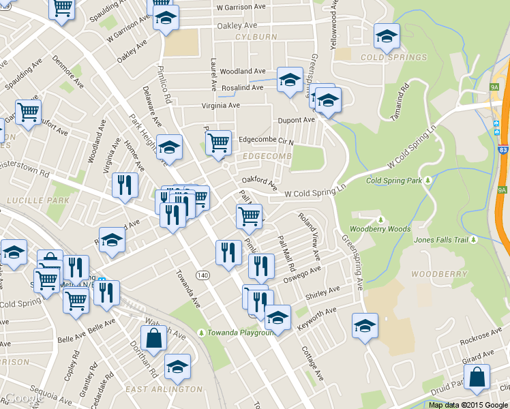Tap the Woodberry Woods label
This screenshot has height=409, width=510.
380,229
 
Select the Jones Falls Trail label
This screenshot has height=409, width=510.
442,240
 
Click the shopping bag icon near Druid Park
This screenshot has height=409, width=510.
477,378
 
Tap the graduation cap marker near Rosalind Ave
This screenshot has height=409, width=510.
290,80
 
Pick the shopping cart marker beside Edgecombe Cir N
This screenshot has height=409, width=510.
218,143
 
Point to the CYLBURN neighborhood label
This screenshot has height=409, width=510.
254,36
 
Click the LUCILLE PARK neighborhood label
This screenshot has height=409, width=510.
30,200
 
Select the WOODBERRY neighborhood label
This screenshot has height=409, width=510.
440,274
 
